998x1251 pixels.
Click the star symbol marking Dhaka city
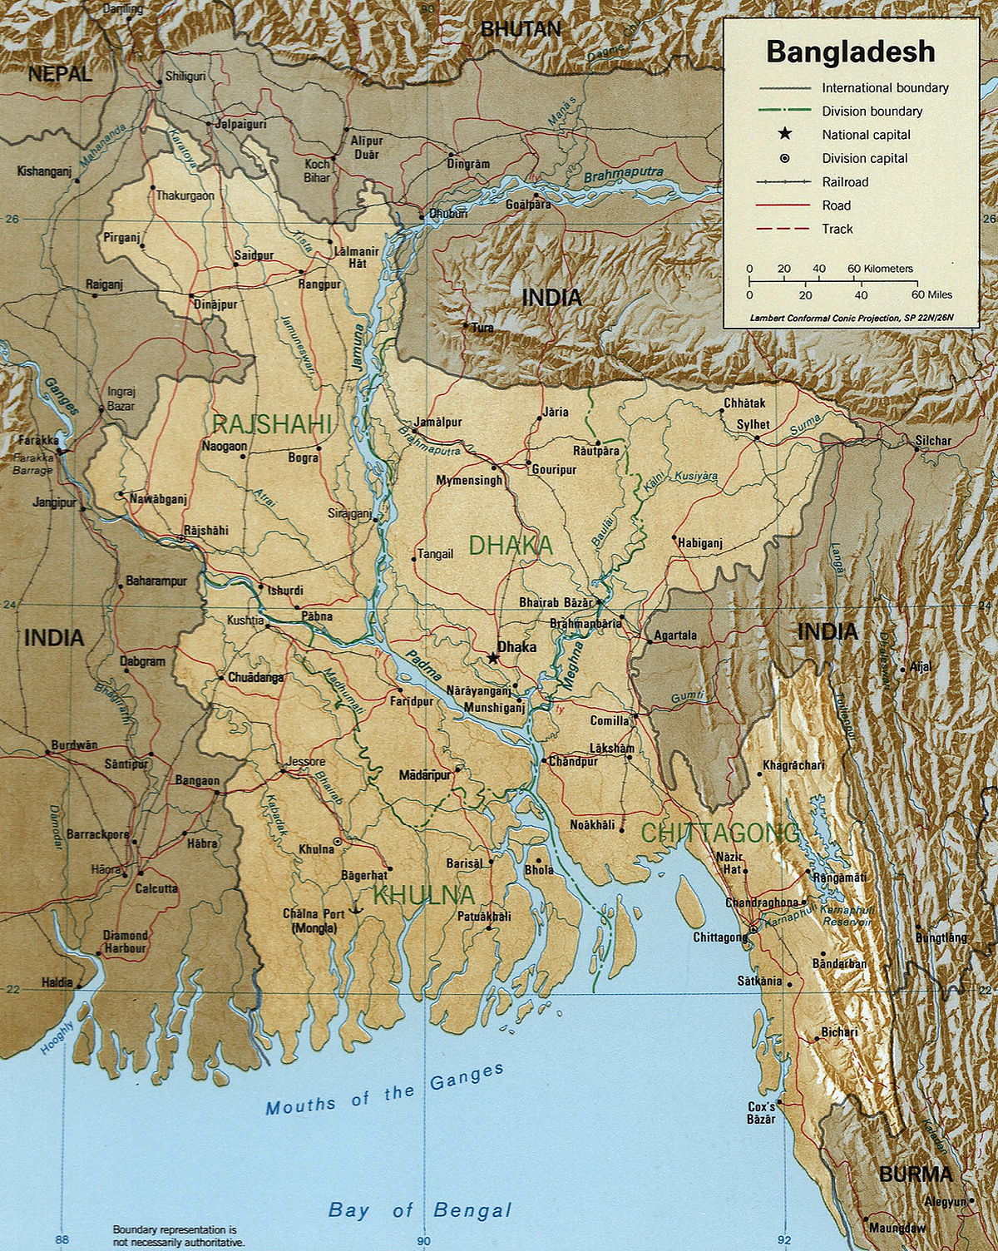coord(493,658)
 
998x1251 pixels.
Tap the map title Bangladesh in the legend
coord(850,52)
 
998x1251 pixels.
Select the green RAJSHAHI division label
coord(272,424)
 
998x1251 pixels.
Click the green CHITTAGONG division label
coord(719,832)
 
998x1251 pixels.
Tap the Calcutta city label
coord(156,888)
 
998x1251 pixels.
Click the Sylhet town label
coord(753,425)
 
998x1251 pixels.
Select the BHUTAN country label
coord(521,29)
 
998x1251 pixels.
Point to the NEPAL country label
coord(59,74)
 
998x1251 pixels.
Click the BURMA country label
coord(915,1174)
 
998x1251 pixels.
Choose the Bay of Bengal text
coord(420,1209)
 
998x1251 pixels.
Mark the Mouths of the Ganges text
coord(384,1090)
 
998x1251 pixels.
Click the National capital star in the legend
coord(783,135)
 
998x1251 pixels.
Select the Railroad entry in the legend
coord(845,182)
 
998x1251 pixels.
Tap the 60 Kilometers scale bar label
coord(880,269)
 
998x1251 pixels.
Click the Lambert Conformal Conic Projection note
coord(852,318)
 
